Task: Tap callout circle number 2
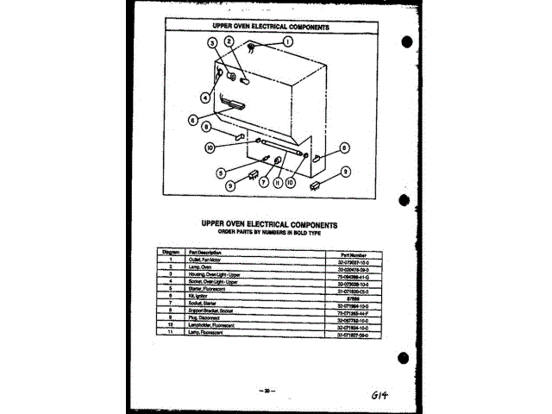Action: coord(229,41)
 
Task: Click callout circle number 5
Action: coord(222,171)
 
